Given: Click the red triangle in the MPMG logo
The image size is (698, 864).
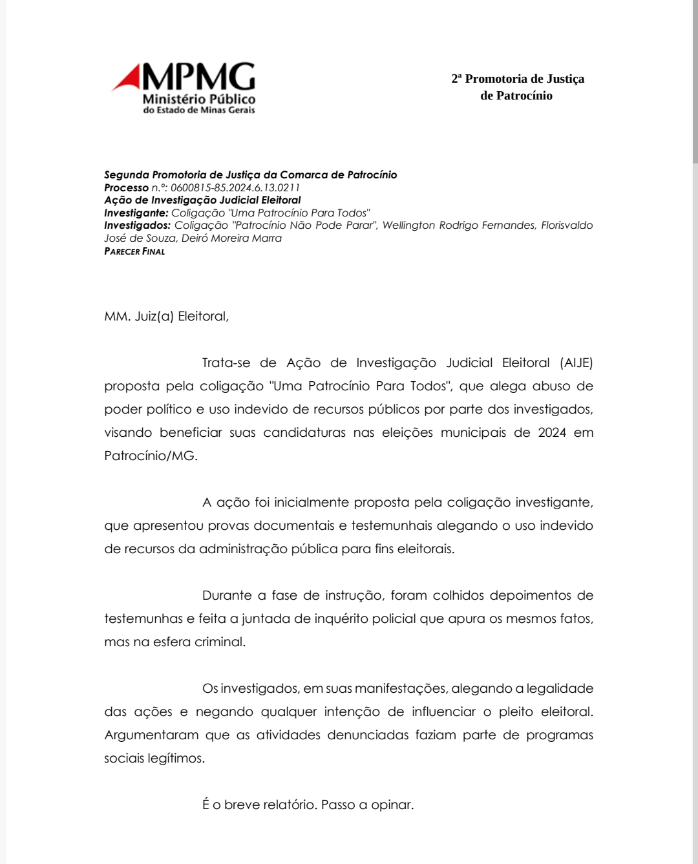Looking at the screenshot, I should [x=129, y=79].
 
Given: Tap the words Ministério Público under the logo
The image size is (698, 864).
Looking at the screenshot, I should [x=198, y=99].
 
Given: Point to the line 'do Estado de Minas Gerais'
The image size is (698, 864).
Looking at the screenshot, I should [x=198, y=110].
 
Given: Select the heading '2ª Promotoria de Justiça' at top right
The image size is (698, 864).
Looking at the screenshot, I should [x=517, y=79].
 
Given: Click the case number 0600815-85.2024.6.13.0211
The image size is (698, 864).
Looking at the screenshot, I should [x=235, y=187].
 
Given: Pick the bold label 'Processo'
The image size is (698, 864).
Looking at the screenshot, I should [x=126, y=187].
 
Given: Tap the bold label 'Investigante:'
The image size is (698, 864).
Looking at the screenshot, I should [x=136, y=213].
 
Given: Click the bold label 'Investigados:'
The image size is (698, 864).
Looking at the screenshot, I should [x=137, y=225].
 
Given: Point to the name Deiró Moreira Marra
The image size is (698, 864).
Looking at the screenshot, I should [x=231, y=238].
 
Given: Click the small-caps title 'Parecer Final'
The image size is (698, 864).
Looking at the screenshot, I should [x=134, y=251].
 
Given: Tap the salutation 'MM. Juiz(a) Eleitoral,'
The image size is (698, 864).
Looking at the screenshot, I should [x=166, y=316].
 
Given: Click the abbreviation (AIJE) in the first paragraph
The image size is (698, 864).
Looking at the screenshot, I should [x=576, y=363].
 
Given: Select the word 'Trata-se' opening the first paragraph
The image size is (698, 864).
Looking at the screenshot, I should [x=226, y=363].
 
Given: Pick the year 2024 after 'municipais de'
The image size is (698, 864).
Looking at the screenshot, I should [x=552, y=432].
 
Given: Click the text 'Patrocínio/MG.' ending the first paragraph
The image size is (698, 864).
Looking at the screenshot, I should [x=151, y=456].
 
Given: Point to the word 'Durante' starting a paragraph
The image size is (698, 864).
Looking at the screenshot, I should [x=226, y=595].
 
